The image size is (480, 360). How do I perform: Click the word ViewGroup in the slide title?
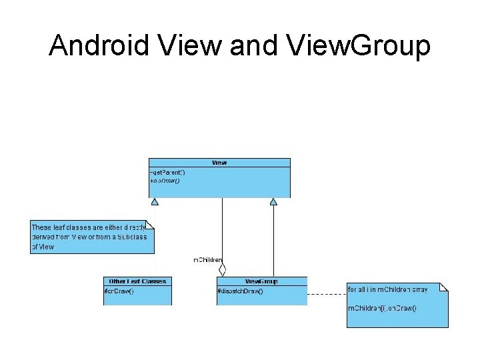coord(359,46)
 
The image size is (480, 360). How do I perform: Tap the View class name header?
coord(219,163)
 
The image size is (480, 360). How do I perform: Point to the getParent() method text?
coord(169,172)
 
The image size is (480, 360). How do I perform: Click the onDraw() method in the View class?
coord(165,180)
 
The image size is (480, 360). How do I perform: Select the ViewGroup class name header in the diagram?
coord(262,281)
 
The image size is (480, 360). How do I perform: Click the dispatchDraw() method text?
coord(240,291)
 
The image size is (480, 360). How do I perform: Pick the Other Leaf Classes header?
coord(137,281)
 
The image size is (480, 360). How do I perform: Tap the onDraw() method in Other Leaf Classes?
coord(120,291)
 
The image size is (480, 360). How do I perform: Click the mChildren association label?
coord(207,259)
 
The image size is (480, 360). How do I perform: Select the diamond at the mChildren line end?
coord(223,271)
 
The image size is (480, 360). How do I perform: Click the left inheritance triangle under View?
coord(155,201)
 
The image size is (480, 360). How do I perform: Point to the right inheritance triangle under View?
coord(273,201)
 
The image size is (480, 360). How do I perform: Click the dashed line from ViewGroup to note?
coord(327,294)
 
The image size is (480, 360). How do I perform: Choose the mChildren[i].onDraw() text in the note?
coord(383,308)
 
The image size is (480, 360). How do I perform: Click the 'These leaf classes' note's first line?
coord(89,227)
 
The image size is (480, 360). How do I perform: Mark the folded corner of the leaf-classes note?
coord(150,223)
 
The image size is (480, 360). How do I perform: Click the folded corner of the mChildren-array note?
coord(445,286)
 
